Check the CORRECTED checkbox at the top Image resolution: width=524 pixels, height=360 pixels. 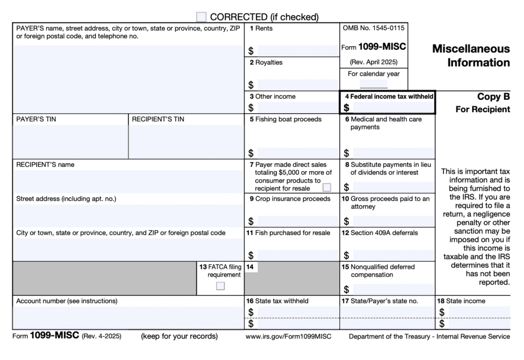(201, 17)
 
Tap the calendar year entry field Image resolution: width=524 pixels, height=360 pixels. (374, 84)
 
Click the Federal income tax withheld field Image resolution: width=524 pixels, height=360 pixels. (392, 108)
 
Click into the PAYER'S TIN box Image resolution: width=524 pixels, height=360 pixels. (70, 141)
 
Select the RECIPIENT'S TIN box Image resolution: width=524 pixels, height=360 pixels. (186, 141)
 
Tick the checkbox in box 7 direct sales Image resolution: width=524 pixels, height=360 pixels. (326, 187)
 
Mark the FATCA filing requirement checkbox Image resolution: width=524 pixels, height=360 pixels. (220, 286)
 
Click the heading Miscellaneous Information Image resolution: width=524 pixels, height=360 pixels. (471, 56)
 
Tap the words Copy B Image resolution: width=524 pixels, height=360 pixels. (493, 97)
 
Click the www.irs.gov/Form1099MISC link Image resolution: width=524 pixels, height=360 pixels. (288, 336)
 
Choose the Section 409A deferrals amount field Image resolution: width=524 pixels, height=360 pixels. (392, 255)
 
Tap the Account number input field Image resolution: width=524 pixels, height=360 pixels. (128, 317)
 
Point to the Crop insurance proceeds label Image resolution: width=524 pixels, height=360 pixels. (293, 199)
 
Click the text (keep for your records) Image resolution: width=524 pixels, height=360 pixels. (179, 336)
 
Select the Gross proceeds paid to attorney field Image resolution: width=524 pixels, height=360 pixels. (392, 221)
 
